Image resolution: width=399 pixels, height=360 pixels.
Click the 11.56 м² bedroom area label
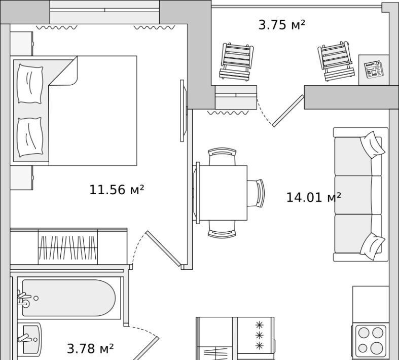117,190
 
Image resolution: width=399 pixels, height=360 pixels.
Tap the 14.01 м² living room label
313,197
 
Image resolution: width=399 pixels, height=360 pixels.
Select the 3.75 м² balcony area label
282,25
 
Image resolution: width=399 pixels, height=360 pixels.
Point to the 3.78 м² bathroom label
90,348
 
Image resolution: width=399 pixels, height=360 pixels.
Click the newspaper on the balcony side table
374,69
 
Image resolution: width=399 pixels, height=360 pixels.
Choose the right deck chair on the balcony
336,61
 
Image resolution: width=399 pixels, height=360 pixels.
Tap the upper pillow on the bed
30,84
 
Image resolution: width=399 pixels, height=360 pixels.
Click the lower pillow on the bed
30,137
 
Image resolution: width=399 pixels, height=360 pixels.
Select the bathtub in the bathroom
69,298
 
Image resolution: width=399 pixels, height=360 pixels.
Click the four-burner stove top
371,340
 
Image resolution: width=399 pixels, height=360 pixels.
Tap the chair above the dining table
222,157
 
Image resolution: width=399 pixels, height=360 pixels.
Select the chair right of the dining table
256,193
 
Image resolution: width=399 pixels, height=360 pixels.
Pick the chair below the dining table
222,229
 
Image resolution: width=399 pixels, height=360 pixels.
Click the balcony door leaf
288,111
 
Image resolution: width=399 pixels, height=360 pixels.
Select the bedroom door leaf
163,248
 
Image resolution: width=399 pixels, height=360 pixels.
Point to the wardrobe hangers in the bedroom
68,247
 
